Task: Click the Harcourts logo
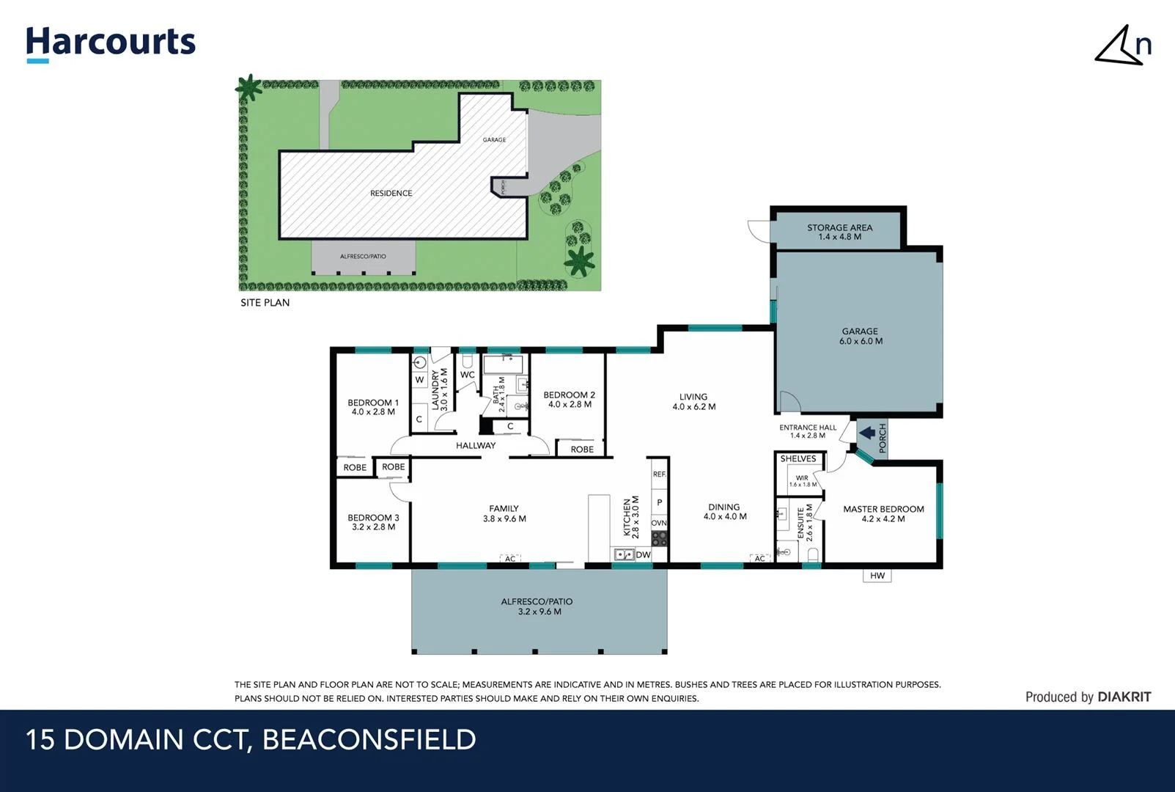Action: coord(111,43)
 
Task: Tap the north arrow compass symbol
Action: coord(1121,46)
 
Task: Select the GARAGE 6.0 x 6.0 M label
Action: coord(861,336)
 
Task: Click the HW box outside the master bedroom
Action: coord(877,576)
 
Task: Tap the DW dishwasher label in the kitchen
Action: coord(643,554)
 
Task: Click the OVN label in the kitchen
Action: coord(659,523)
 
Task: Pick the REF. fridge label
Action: coord(660,474)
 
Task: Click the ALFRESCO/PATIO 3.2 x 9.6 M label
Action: coord(537,606)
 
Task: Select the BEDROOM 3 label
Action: coord(373,521)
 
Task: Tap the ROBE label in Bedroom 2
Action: coord(582,449)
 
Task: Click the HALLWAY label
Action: coord(476,445)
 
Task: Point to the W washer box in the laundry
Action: coord(419,380)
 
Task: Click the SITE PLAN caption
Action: coord(265,302)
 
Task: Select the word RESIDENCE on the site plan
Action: coord(391,193)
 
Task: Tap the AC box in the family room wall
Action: coord(510,559)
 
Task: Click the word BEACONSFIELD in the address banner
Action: coord(369,739)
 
